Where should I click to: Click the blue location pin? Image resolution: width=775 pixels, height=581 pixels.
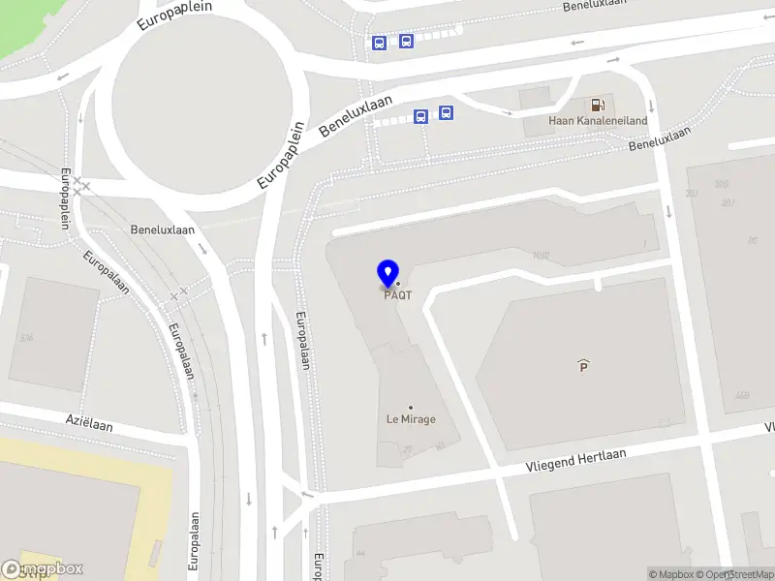click(x=388, y=273)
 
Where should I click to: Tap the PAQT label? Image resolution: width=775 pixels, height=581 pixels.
click(x=397, y=295)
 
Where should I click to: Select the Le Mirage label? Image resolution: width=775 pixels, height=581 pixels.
click(x=411, y=419)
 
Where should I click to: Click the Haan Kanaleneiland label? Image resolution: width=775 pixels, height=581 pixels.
click(x=583, y=121)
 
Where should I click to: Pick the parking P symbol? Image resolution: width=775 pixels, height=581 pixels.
click(x=583, y=365)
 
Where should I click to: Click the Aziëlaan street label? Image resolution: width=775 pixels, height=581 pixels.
click(x=90, y=424)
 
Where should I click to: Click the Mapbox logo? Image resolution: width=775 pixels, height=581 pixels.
click(x=43, y=569)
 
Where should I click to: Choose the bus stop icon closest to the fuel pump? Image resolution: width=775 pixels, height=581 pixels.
click(x=446, y=112)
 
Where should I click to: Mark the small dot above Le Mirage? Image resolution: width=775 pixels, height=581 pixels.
click(x=411, y=408)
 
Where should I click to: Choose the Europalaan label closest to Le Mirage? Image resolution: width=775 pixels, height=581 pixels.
click(x=303, y=339)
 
